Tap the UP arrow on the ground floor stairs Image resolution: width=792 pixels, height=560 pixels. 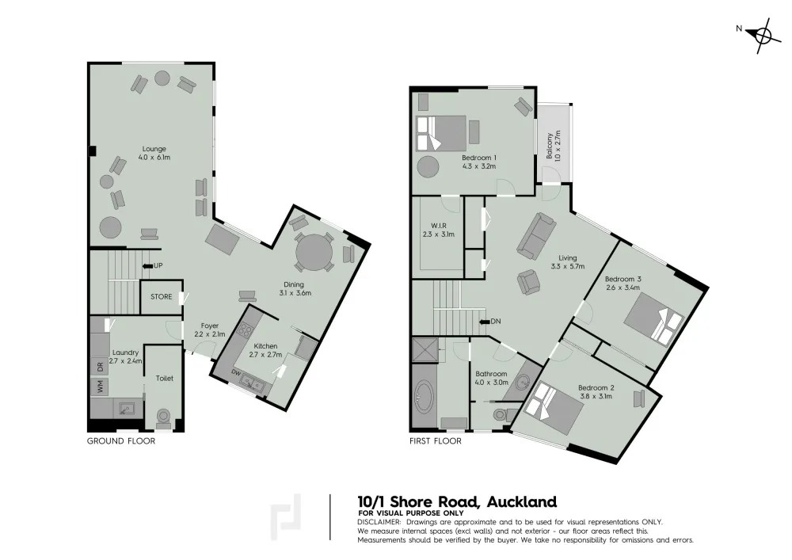pyautogui.click(x=147, y=265)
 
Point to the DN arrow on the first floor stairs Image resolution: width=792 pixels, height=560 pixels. pyautogui.click(x=483, y=321)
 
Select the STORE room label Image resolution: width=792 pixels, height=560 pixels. pyautogui.click(x=161, y=297)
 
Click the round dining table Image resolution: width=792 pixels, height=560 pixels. pyautogui.click(x=314, y=252)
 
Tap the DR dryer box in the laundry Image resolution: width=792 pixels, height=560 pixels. pyautogui.click(x=100, y=366)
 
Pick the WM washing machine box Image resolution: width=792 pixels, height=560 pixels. pyautogui.click(x=100, y=387)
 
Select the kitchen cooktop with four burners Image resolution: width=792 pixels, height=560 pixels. pyautogui.click(x=245, y=331)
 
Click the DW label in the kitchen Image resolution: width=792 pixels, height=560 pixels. pyautogui.click(x=236, y=372)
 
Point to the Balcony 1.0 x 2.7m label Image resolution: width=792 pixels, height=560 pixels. pyautogui.click(x=554, y=146)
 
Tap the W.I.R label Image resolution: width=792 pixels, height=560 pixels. pyautogui.click(x=439, y=230)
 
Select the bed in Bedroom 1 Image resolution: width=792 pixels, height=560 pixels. pyautogui.click(x=440, y=133)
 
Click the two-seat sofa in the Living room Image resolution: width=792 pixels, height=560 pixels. pyautogui.click(x=536, y=234)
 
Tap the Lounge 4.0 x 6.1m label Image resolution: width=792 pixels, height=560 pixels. pyautogui.click(x=154, y=153)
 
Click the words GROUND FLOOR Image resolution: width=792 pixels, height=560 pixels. pyautogui.click(x=121, y=441)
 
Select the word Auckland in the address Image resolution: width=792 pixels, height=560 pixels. pyautogui.click(x=521, y=502)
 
